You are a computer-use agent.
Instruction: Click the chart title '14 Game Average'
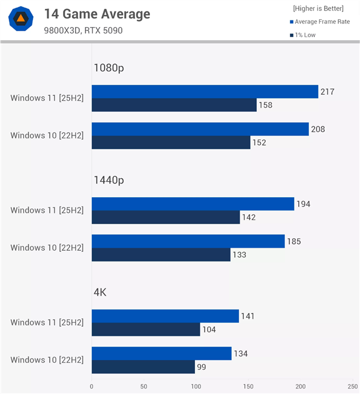click(x=97, y=14)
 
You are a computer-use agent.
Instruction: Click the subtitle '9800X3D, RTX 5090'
click(x=83, y=30)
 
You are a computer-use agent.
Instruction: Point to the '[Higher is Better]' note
click(x=318, y=8)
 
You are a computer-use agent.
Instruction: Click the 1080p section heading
click(x=109, y=68)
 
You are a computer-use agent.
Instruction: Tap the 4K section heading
click(x=100, y=292)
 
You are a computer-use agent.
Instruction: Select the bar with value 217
click(x=205, y=91)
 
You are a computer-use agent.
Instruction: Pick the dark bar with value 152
click(x=170, y=143)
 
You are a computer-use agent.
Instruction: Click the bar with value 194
click(x=193, y=204)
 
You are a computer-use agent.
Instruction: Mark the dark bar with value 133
click(x=161, y=255)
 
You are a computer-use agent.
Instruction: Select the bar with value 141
click(x=165, y=316)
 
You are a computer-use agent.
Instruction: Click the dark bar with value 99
click(x=143, y=367)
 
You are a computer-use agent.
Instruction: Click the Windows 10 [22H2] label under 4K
click(x=47, y=360)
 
